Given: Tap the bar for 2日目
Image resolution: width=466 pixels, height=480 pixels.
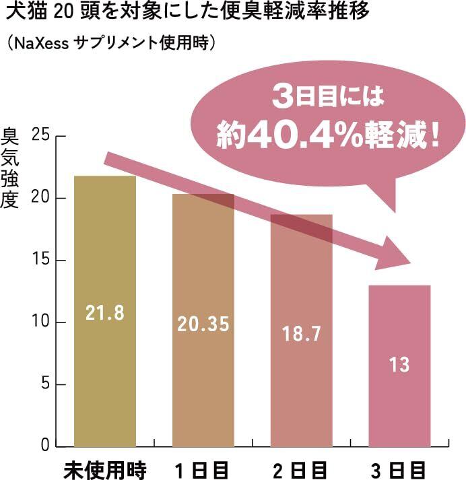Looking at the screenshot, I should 302,397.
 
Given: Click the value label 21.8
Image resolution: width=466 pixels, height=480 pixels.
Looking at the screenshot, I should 105,312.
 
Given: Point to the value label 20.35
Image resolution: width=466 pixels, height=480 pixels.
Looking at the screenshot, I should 203,324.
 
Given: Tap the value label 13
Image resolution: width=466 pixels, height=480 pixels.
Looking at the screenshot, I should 399,365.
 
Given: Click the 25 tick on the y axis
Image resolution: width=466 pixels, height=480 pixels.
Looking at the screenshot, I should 41,137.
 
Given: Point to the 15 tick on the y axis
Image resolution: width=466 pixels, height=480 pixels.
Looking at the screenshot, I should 41,261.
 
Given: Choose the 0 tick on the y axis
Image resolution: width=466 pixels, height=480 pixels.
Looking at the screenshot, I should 45,446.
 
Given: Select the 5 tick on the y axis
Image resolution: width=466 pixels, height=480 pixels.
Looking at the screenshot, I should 45,384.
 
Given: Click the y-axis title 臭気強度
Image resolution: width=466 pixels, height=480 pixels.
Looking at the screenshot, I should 14,168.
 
